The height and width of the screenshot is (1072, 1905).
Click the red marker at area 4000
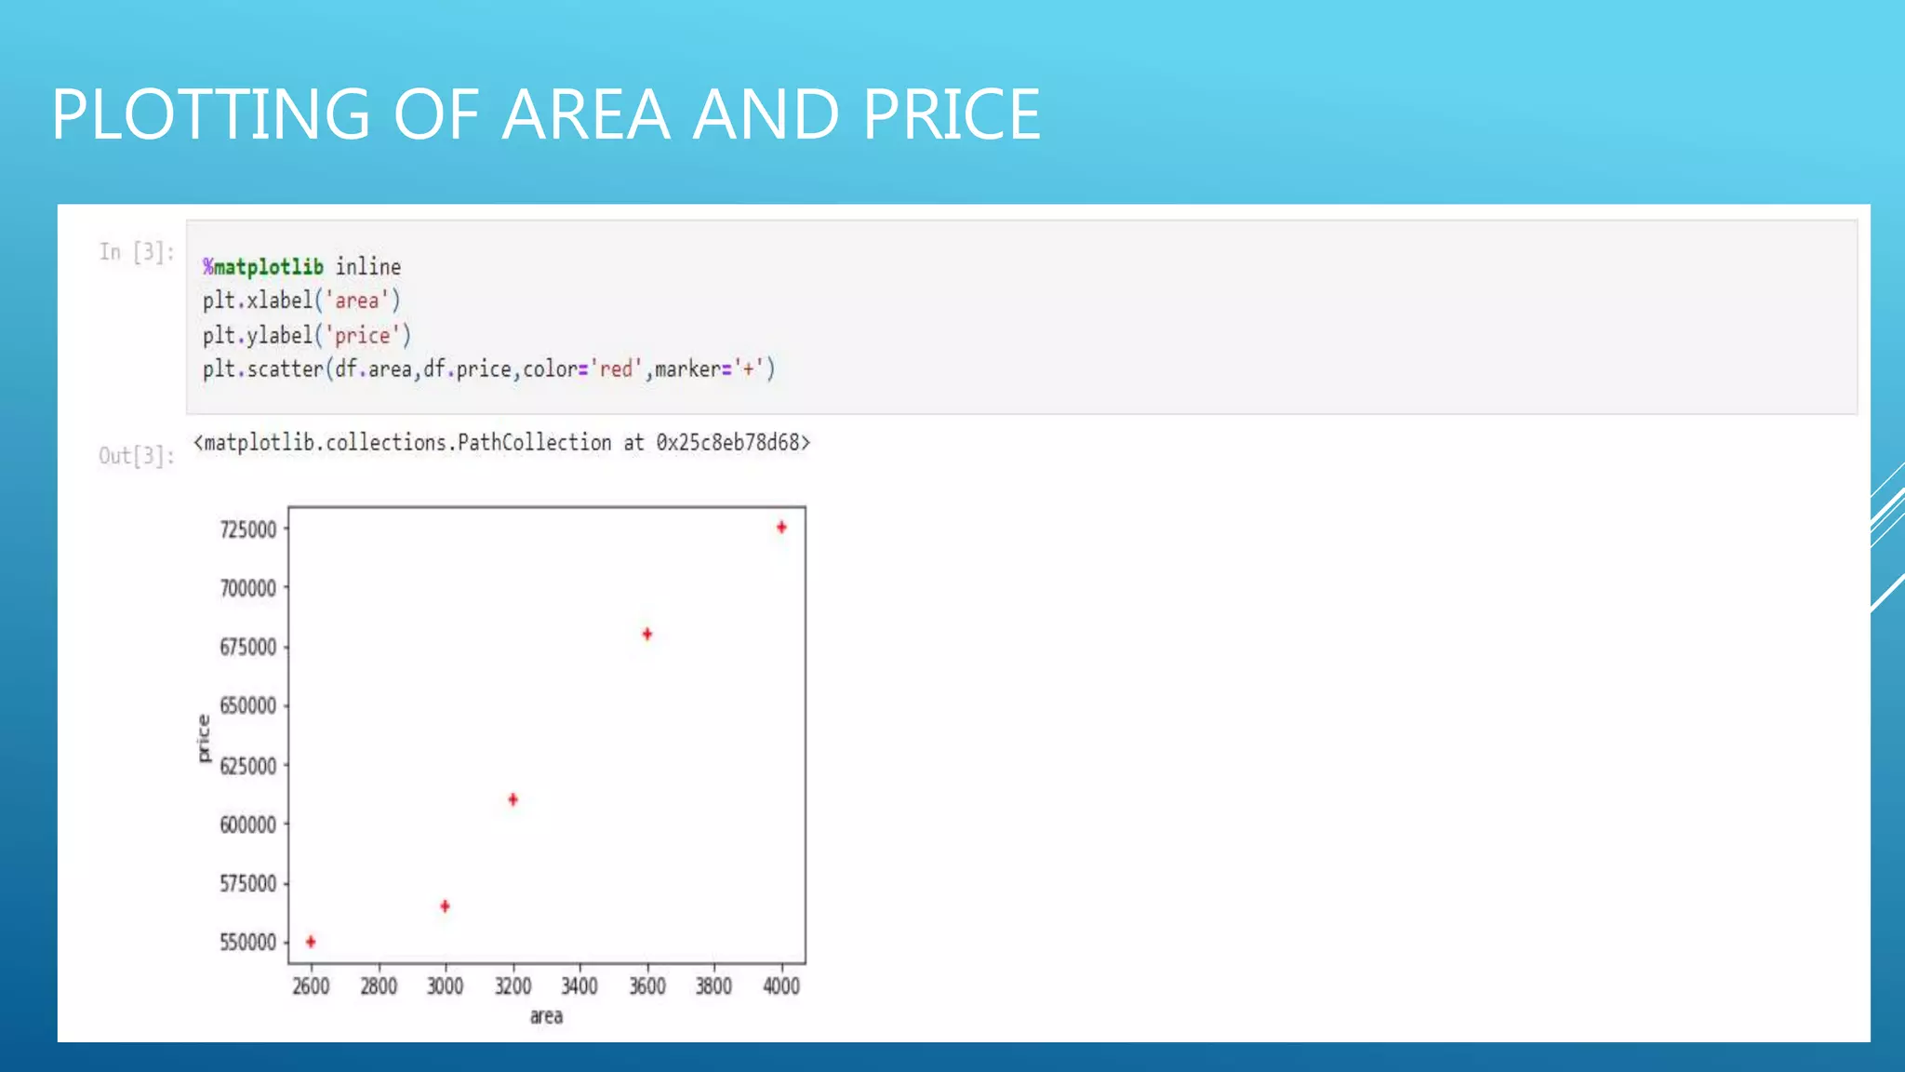click(x=781, y=528)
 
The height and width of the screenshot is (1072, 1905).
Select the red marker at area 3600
click(x=647, y=635)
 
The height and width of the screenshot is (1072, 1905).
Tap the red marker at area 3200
click(x=513, y=799)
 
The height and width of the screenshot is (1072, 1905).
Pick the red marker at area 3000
click(x=445, y=905)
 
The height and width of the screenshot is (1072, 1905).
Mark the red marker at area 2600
click(x=311, y=942)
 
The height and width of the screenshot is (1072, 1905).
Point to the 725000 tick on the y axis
click(x=248, y=529)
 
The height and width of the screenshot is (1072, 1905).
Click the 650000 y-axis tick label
click(x=248, y=705)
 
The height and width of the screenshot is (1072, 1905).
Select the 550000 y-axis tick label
click(x=248, y=942)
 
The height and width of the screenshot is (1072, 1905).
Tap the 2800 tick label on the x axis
click(x=379, y=986)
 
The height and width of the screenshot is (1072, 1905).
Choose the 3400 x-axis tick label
click(x=579, y=986)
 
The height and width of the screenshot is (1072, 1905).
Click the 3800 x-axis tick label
click(x=713, y=986)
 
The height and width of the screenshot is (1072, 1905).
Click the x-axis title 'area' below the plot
click(x=546, y=1016)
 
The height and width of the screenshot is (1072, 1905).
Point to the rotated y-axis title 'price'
click(x=204, y=739)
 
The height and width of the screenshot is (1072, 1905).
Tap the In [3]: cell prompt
click(x=137, y=252)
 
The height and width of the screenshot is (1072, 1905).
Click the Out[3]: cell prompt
click(x=137, y=456)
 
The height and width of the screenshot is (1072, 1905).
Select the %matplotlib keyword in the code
click(x=263, y=267)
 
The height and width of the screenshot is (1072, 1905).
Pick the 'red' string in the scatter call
click(x=616, y=369)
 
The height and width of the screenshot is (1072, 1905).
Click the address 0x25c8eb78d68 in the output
click(x=732, y=443)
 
